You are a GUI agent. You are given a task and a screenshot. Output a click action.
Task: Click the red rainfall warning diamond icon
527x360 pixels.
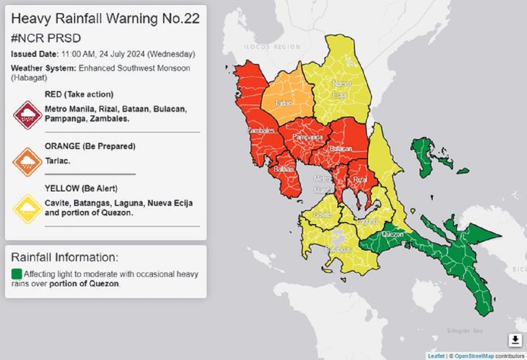(28, 115)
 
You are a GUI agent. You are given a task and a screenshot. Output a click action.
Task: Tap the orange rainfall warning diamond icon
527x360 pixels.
(28, 162)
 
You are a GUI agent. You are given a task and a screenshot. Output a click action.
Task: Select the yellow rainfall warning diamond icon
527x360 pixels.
(28, 209)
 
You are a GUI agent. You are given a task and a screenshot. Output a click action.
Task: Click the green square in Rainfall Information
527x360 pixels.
(16, 274)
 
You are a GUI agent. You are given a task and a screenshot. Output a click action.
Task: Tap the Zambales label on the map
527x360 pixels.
(261, 130)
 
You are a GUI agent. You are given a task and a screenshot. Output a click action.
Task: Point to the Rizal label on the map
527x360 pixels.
(360, 179)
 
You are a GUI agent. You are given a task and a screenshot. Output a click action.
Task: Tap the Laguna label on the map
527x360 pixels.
(367, 222)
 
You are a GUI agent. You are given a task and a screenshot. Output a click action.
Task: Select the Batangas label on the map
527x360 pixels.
(338, 249)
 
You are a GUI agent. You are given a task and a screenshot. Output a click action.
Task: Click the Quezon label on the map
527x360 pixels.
(392, 234)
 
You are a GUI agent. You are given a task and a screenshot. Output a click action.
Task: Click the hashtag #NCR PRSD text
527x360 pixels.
(46, 38)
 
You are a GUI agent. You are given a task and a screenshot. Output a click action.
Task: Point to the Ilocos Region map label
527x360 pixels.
(271, 47)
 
